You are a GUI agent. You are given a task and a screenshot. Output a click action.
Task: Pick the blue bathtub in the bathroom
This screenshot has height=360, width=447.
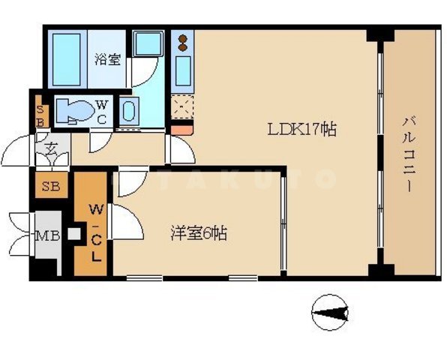pos(66,59)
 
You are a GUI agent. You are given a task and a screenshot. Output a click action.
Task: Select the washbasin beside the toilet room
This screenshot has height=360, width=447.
pos(128,112)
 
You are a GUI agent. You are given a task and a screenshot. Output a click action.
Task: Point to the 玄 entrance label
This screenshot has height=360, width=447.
pos(51,148)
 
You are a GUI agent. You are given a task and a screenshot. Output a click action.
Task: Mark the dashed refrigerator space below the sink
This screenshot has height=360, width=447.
pos(181,109)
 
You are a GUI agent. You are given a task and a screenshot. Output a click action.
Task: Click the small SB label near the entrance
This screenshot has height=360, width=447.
pos(40,112)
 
